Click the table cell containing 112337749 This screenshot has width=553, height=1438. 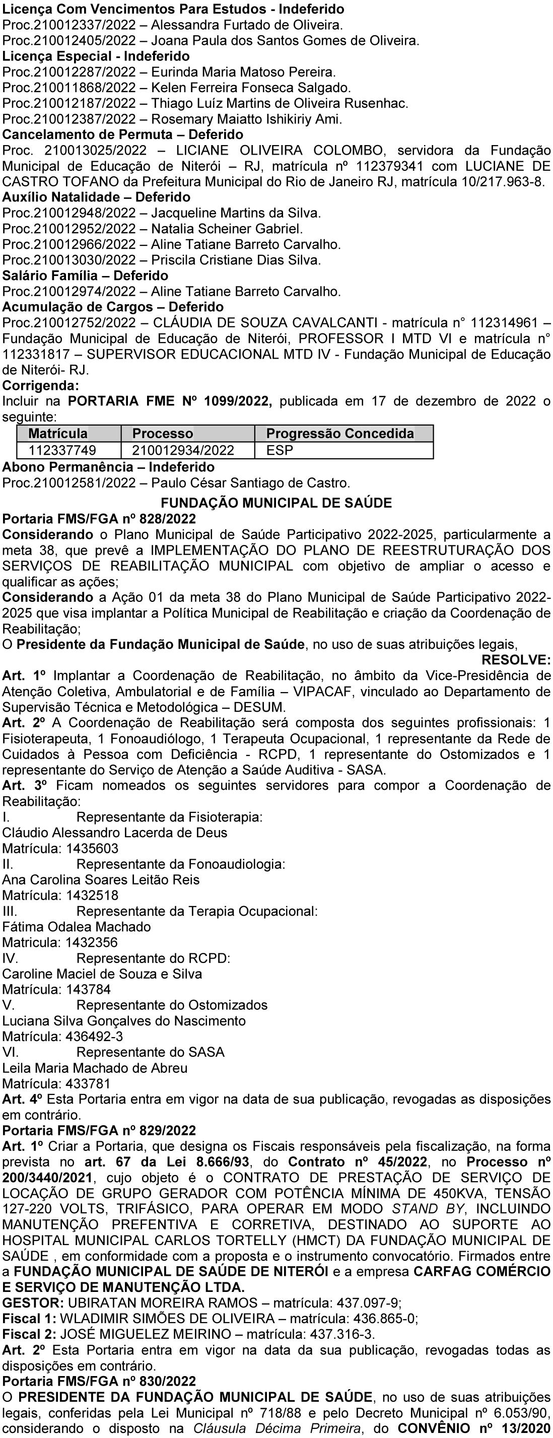pyautogui.click(x=62, y=450)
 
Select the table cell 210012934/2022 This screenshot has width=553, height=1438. pyautogui.click(x=183, y=450)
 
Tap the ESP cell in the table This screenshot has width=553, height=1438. pyautogui.click(x=280, y=450)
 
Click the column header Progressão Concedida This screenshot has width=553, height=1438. pyautogui.click(x=340, y=434)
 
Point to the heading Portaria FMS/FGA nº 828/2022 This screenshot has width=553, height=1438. pyautogui.click(x=99, y=519)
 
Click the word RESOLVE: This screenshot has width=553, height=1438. pyautogui.click(x=516, y=660)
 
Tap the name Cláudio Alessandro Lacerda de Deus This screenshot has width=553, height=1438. pyautogui.click(x=115, y=833)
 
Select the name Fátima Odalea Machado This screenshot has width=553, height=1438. pyautogui.click(x=77, y=927)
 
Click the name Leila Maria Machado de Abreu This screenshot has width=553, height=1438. pyautogui.click(x=95, y=1068)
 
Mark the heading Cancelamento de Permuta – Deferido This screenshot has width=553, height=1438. pyautogui.click(x=123, y=134)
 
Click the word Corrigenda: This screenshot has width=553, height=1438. pyautogui.click(x=41, y=385)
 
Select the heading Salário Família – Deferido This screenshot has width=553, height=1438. pyautogui.click(x=86, y=276)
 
